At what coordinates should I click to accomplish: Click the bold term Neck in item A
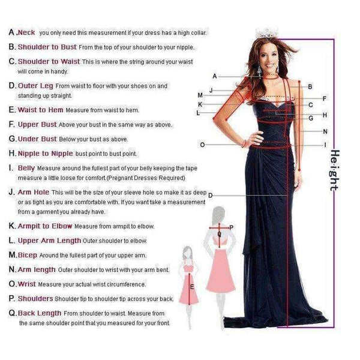pyautogui.click(x=27, y=32)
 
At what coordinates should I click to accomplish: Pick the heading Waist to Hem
pyautogui.click(x=41, y=110)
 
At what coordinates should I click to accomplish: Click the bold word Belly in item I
pyautogui.click(x=26, y=168)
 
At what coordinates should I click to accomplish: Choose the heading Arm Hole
pyautogui.click(x=34, y=192)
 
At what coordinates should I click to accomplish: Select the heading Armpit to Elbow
pyautogui.click(x=45, y=226)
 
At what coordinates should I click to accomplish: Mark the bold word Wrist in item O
pyautogui.click(x=28, y=283)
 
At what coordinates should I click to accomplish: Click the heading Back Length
pyautogui.click(x=40, y=313)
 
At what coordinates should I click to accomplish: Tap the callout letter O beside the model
pyautogui.click(x=202, y=145)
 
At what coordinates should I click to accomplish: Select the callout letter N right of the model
pyautogui.click(x=325, y=131)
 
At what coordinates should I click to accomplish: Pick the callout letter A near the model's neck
pyautogui.click(x=214, y=76)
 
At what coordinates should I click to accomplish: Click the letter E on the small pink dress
pyautogui.click(x=192, y=287)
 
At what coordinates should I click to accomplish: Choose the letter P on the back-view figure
pyautogui.click(x=232, y=227)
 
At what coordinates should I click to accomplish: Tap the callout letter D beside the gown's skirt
pyautogui.click(x=211, y=195)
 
